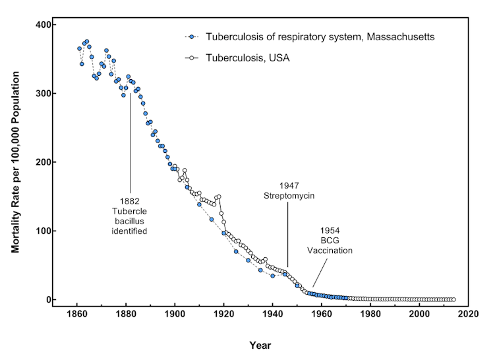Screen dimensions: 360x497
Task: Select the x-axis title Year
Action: [260, 345]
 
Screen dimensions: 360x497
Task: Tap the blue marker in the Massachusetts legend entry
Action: [191, 37]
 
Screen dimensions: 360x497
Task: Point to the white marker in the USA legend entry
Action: [191, 58]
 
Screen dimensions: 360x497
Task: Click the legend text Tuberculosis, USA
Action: [248, 58]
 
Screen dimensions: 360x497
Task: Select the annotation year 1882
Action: [130, 200]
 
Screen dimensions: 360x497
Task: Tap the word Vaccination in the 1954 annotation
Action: [330, 251]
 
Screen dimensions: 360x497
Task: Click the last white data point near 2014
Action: [453, 299]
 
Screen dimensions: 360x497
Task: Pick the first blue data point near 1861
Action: [79, 48]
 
